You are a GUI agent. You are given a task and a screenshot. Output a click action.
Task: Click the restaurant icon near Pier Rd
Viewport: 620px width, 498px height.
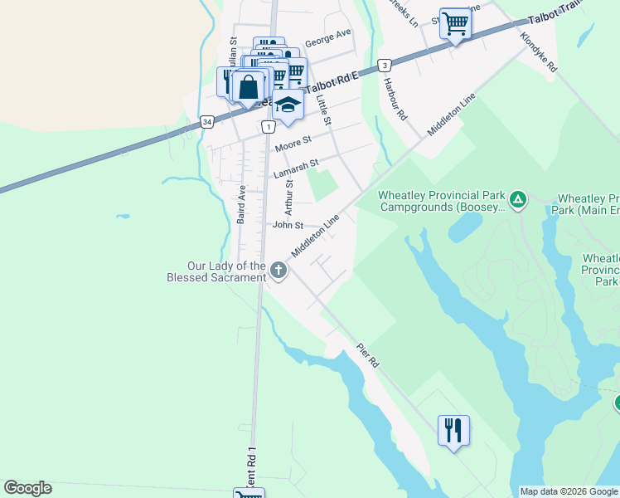point(453,431)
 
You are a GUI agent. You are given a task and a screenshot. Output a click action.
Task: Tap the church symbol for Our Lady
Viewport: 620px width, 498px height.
point(279,270)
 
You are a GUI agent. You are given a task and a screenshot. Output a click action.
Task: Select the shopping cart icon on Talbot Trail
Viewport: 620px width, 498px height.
point(455,24)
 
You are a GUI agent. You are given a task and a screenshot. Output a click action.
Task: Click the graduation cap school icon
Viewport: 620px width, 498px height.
point(288,105)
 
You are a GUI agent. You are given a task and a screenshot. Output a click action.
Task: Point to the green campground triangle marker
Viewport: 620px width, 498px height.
point(518,199)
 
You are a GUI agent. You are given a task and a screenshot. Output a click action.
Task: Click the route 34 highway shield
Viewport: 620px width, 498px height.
point(207,122)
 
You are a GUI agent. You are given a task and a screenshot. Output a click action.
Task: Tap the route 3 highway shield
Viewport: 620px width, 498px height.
point(384,65)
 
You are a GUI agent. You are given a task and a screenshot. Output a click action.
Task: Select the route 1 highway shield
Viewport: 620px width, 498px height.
point(268,127)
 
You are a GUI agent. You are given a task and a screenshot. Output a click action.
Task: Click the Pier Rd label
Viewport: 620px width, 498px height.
point(368,357)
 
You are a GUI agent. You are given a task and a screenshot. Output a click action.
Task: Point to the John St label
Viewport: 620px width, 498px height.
point(288,225)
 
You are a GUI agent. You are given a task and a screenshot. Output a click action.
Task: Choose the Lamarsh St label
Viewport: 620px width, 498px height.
point(296,170)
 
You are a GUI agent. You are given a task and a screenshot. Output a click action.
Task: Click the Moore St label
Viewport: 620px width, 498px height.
point(293,144)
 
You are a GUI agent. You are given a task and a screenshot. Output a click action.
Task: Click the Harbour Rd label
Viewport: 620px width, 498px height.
point(396,100)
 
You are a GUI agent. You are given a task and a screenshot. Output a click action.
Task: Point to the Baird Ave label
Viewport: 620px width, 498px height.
point(240,204)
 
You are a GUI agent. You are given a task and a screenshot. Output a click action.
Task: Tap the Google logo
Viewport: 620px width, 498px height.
point(27,488)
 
